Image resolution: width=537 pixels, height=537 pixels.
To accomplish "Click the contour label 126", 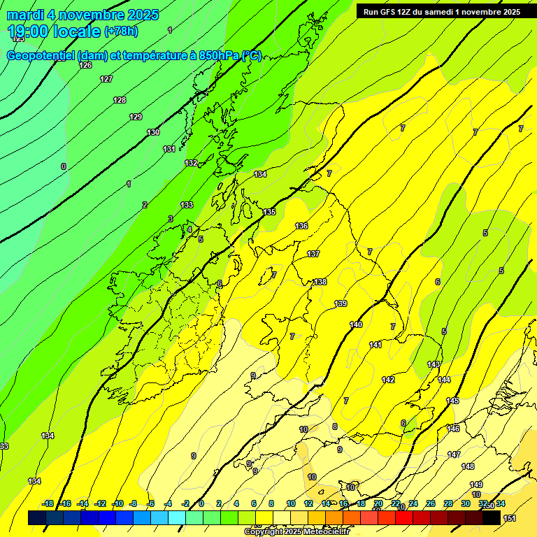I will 85,65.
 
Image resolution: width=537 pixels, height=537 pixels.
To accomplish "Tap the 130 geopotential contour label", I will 153,132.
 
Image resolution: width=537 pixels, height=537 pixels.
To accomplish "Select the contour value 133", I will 187,205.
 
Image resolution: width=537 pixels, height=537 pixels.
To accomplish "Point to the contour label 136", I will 301,226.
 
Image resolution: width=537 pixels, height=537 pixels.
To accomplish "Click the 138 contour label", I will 320,282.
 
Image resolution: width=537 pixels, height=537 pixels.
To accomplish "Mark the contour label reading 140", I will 356,324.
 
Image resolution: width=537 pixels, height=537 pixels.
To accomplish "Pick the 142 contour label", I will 388,380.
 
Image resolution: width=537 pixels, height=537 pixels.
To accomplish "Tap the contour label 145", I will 452,401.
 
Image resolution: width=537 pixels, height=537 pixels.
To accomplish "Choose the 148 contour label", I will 468,466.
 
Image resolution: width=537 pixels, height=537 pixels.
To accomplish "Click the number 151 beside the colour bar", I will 510,518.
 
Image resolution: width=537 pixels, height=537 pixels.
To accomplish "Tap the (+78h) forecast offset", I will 121,31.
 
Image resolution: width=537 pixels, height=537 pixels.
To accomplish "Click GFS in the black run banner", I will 389,12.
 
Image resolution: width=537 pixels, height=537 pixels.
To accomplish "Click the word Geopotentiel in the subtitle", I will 39,56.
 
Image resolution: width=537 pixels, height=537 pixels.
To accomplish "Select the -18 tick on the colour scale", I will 48,503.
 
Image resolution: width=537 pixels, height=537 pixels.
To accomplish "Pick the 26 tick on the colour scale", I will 430,503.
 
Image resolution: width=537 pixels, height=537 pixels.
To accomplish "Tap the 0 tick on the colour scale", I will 201,503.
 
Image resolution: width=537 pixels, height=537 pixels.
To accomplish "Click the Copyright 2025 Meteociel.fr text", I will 296,532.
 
